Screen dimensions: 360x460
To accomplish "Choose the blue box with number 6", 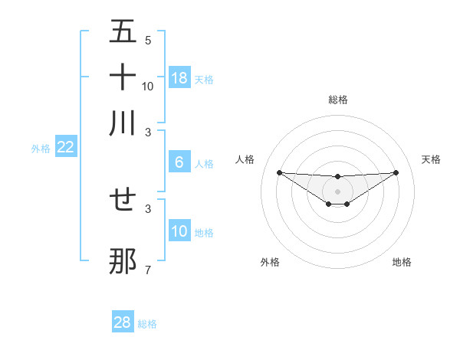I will pyautogui.click(x=179, y=162).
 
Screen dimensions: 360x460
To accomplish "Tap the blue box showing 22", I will pyautogui.click(x=66, y=147).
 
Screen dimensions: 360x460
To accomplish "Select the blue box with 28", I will pyautogui.click(x=123, y=322).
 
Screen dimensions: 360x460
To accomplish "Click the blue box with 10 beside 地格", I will pyautogui.click(x=179, y=231).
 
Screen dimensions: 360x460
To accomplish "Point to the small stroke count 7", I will pyautogui.click(x=148, y=270).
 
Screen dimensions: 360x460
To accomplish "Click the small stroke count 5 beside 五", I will pyautogui.click(x=148, y=40).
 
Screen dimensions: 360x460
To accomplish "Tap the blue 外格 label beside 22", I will pyautogui.click(x=41, y=148).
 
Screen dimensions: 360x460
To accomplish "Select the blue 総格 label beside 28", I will pyautogui.click(x=147, y=324).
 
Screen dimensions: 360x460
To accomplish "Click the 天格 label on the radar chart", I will pyautogui.click(x=432, y=159).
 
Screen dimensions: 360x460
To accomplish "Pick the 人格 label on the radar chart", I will pyautogui.click(x=245, y=159).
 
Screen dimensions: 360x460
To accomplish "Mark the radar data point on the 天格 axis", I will pyautogui.click(x=396, y=172).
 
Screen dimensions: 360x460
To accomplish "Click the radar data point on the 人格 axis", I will pyautogui.click(x=279, y=172).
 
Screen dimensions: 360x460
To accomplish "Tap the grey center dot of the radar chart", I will pyautogui.click(x=337, y=191).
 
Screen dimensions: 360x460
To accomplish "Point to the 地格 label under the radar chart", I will pyautogui.click(x=402, y=262).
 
